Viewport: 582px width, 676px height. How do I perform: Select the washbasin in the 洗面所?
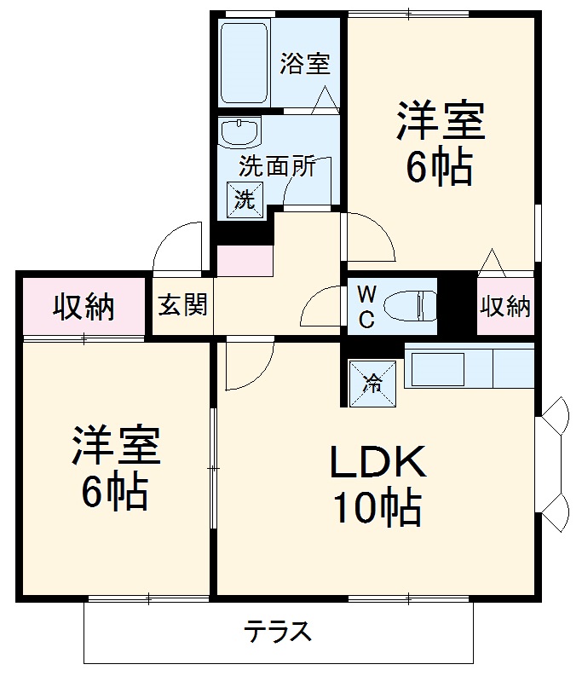[x=239, y=133]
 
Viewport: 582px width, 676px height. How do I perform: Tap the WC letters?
[x=366, y=306]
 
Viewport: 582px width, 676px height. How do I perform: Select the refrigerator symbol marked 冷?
[x=372, y=382]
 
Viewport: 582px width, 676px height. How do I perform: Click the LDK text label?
[x=377, y=465]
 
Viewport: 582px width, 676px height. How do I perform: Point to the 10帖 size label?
[x=377, y=509]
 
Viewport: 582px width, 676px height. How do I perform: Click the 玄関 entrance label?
[x=182, y=304]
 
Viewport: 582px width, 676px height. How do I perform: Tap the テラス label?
[x=279, y=633]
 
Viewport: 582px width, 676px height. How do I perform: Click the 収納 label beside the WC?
[x=505, y=306]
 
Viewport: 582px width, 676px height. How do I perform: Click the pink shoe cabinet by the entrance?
[x=245, y=262]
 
